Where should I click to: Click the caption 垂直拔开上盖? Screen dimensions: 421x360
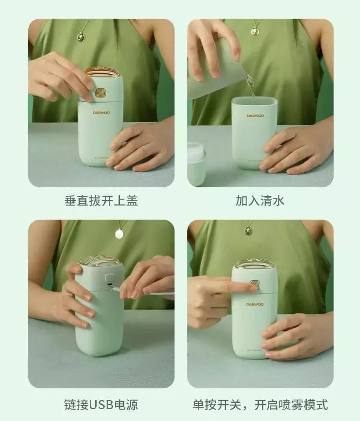[101, 201]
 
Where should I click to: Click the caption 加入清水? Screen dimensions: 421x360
[260, 201]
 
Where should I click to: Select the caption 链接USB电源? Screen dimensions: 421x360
[101, 404]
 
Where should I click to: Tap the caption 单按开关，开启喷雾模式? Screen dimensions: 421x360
[260, 404]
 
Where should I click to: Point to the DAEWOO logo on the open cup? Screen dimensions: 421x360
[255, 116]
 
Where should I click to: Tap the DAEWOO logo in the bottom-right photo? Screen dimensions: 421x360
[255, 304]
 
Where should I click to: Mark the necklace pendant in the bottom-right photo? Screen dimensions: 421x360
[248, 231]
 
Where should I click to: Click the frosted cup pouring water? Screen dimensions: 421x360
[214, 77]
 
